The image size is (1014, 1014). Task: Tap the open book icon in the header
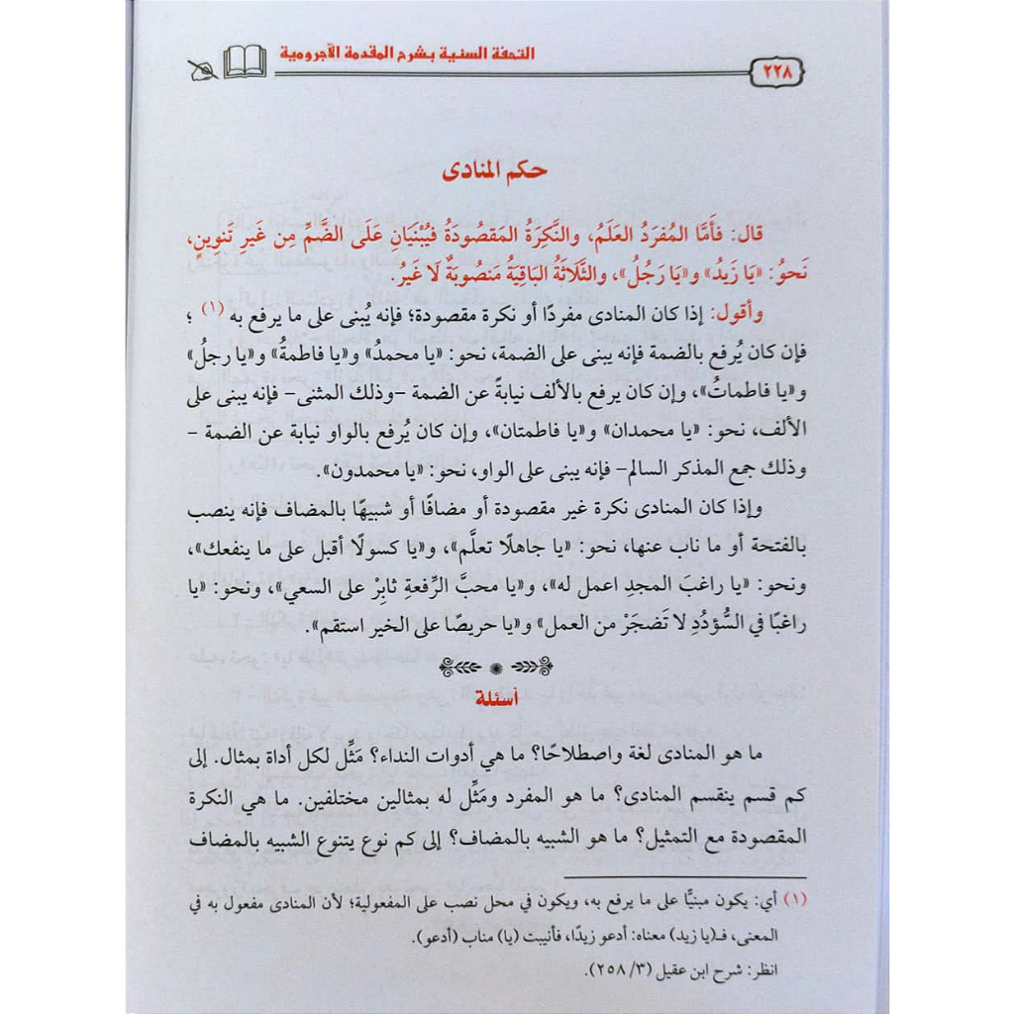point(244,64)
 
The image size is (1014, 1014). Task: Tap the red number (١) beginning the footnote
point(794,903)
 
